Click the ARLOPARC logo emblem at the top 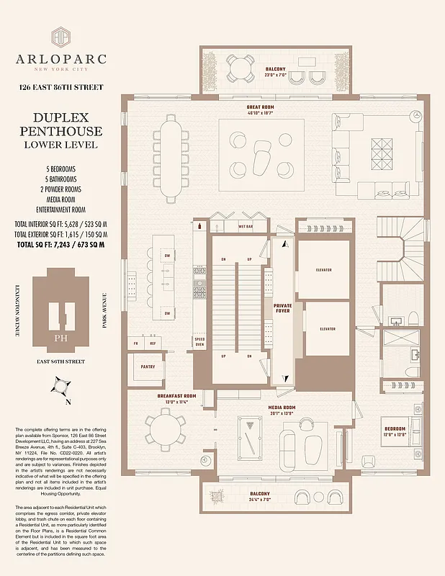point(60,39)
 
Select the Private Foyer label point(283,309)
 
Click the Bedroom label point(395,431)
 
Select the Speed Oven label point(199,341)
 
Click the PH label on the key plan point(60,337)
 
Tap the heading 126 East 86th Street point(60,88)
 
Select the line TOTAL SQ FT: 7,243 point(60,245)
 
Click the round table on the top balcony point(238,68)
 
